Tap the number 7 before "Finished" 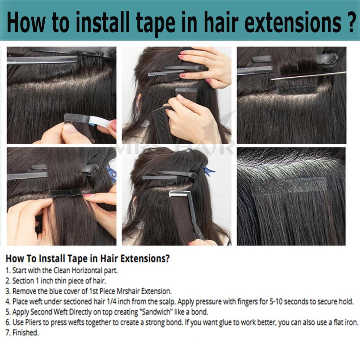point(8,333)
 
